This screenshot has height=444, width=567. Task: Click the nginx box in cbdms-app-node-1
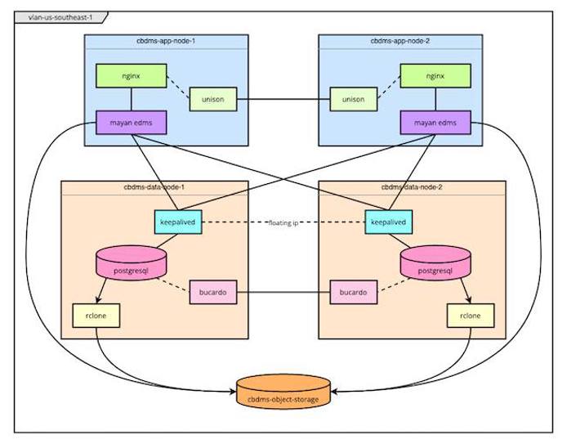pos(127,76)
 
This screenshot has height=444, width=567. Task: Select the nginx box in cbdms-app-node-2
pos(435,76)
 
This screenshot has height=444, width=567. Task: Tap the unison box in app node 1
pos(212,100)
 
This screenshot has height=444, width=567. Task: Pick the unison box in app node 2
pos(353,100)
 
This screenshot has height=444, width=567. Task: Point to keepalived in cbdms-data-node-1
pos(177,222)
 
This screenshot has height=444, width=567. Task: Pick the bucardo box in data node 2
pos(353,292)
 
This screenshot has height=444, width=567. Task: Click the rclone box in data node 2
pos(471,315)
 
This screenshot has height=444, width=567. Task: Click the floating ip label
pos(283,222)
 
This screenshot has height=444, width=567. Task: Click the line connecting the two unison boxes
pos(283,100)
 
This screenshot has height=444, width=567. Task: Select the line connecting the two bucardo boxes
pos(283,292)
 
